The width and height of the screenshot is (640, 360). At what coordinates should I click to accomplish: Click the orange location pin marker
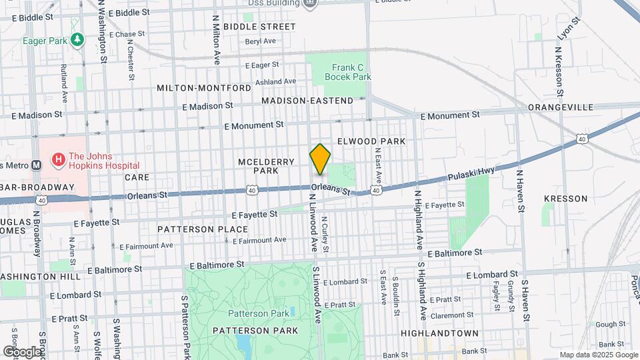point(320,159)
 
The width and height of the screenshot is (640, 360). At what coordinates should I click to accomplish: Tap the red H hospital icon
point(59,159)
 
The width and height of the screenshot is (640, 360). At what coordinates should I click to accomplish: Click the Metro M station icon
point(37,165)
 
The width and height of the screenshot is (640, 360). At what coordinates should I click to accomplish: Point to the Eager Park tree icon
point(78,41)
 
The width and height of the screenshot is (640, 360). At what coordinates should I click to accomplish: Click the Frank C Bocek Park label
point(347,72)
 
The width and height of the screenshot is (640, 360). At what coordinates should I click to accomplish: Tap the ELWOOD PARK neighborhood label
point(371,141)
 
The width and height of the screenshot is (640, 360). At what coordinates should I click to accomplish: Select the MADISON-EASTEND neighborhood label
point(307,101)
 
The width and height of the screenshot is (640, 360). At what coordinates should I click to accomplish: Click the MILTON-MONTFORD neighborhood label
point(204,87)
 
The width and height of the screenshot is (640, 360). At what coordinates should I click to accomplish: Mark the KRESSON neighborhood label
point(565,199)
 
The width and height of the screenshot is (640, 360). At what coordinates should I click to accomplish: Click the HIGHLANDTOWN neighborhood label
point(439,333)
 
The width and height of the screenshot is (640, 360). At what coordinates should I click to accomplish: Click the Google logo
point(23,351)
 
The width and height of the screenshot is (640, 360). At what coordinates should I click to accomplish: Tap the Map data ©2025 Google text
point(597,355)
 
